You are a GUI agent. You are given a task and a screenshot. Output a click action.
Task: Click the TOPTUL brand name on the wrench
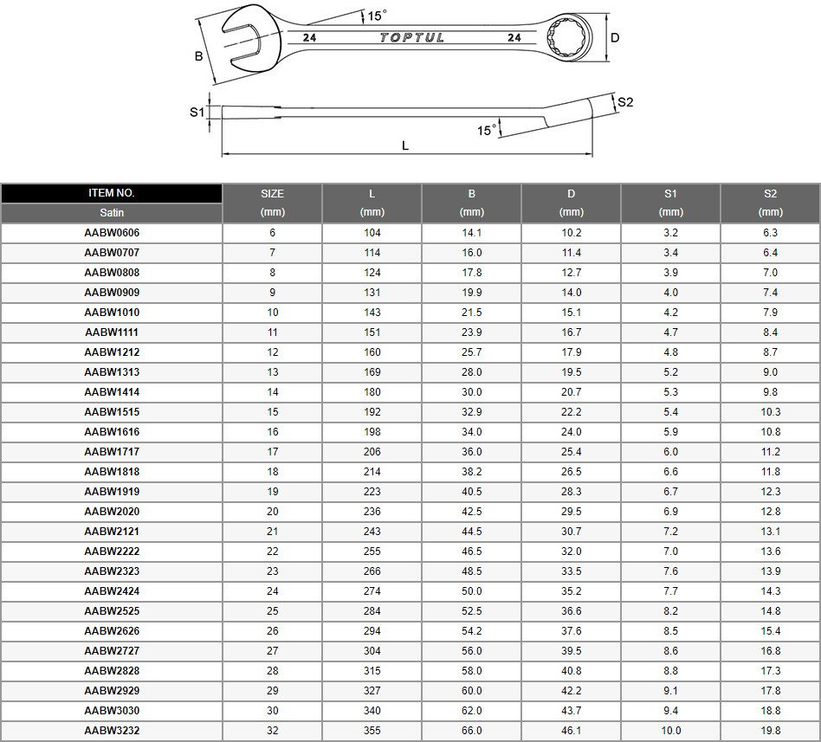[411, 38]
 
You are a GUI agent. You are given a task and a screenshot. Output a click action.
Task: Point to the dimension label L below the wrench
[405, 145]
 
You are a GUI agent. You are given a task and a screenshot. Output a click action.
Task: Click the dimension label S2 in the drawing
[625, 102]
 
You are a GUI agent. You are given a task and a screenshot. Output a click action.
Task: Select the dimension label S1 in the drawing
[197, 112]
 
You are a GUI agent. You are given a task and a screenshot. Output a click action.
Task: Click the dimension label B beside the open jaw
[199, 56]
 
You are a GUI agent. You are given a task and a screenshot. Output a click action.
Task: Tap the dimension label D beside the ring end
[615, 38]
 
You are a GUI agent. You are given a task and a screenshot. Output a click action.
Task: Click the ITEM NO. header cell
[112, 193]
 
